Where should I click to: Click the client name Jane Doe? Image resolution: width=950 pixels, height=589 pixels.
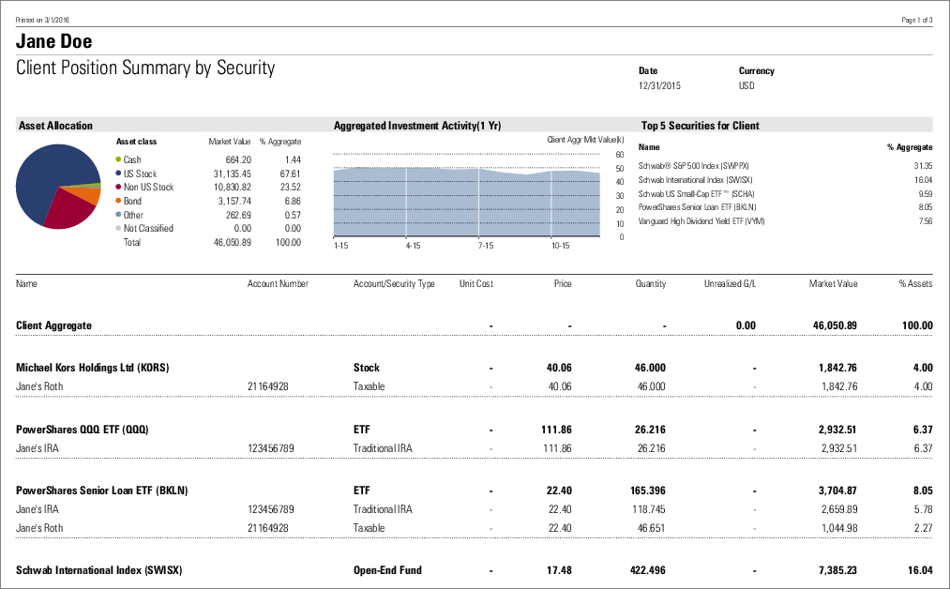[x=54, y=42]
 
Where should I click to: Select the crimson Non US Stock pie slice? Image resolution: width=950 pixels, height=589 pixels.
[x=68, y=210]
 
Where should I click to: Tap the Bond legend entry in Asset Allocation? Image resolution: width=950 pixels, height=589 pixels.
[x=132, y=201]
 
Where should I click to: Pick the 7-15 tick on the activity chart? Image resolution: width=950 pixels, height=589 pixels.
[x=487, y=246]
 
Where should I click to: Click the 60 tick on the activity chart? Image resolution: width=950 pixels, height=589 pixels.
[x=620, y=155]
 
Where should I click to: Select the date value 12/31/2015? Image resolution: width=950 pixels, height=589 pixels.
[x=659, y=86]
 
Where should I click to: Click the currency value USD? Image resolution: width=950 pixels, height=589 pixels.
[x=746, y=86]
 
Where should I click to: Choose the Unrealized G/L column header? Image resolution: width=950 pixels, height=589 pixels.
[x=730, y=283]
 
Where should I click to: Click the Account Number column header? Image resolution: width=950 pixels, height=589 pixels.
[x=278, y=283]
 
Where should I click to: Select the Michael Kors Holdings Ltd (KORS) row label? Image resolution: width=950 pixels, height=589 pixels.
[x=93, y=368]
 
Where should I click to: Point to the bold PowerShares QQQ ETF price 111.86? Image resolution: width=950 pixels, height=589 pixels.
[x=556, y=430]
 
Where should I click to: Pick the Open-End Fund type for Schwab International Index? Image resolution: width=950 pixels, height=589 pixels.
[x=387, y=570]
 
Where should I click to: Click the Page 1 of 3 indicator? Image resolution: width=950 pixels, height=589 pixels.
[x=916, y=20]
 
